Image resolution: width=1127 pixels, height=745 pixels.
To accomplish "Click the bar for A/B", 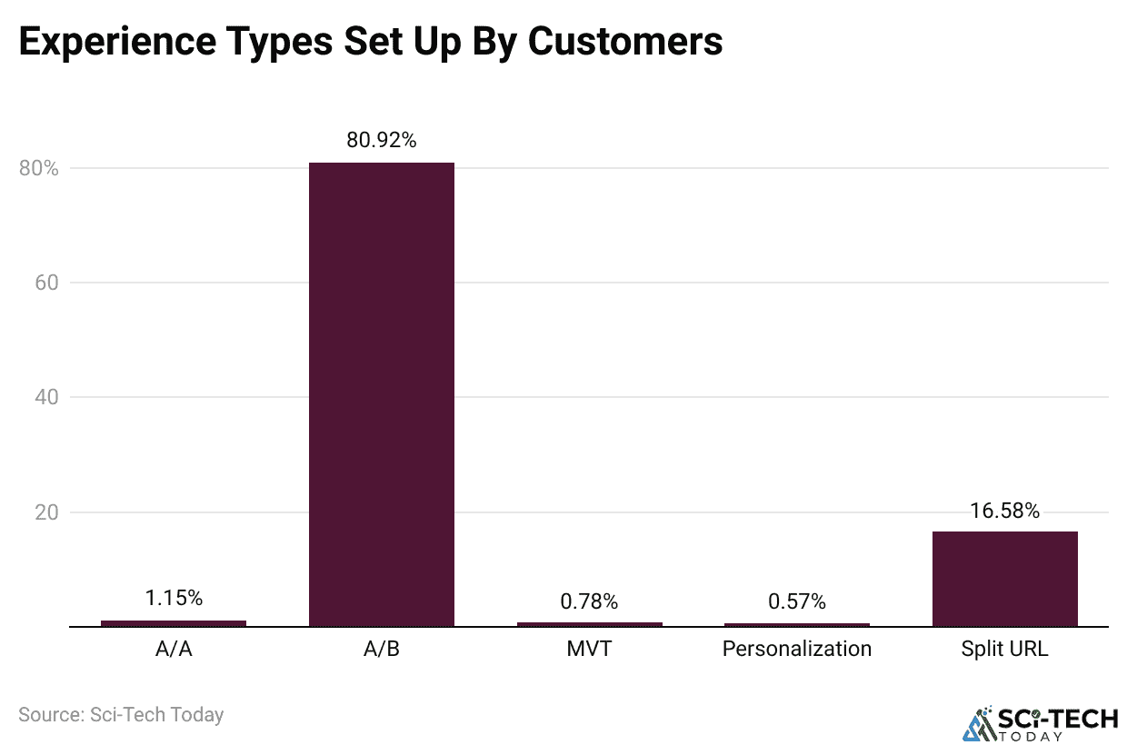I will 381,394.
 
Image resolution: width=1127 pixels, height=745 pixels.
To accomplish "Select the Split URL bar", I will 1004,579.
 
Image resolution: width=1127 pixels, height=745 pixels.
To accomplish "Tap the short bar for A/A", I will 173,623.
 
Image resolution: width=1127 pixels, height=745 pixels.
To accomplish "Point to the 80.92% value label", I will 381,140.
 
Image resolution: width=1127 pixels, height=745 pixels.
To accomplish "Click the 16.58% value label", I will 1004,511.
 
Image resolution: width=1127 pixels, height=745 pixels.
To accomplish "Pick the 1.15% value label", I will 173,598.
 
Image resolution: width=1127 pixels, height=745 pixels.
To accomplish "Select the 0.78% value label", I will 589,601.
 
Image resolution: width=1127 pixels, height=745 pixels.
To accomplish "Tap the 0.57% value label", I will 797,601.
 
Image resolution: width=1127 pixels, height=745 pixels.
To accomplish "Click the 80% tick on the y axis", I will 39,168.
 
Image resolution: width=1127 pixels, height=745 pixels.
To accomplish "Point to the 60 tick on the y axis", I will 46,283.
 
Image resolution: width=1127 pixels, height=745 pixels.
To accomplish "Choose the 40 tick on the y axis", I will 46,397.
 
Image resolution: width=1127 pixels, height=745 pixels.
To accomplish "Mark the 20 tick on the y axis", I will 46,512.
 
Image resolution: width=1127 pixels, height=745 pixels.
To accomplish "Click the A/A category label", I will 173,650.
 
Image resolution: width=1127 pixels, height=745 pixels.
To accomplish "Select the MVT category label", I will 589,650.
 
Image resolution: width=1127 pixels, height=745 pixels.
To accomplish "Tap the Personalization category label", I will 797,650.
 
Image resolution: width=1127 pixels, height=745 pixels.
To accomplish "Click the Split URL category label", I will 1004,650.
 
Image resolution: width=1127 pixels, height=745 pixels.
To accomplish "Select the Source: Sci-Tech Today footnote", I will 121,714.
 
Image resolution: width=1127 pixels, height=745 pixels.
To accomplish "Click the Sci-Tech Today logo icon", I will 980,723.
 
